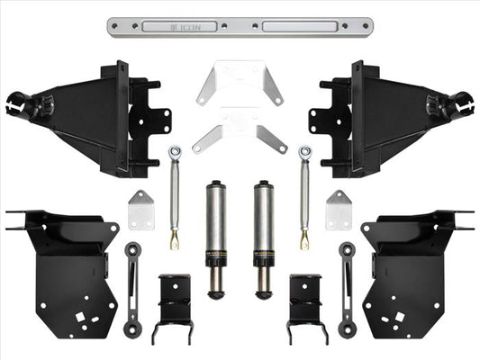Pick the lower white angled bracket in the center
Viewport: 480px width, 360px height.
click(x=239, y=132)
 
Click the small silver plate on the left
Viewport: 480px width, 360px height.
click(x=140, y=210)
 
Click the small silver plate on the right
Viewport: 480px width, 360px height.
click(x=339, y=210)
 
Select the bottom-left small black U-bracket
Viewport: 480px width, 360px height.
click(x=176, y=306)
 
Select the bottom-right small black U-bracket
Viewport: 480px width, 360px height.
click(x=304, y=306)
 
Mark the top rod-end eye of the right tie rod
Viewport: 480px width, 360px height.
click(x=306, y=152)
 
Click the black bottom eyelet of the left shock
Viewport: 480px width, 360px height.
click(x=215, y=292)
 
